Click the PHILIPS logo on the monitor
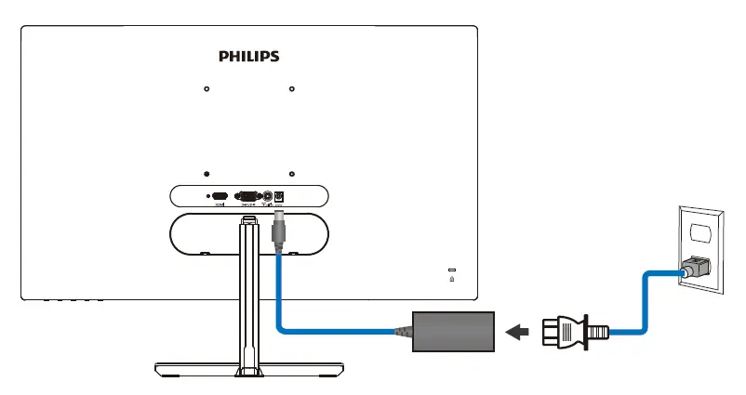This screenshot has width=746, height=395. [248, 57]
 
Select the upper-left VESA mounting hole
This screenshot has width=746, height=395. [206, 90]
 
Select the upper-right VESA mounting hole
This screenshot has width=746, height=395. [291, 90]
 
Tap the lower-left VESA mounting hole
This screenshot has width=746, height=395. [206, 174]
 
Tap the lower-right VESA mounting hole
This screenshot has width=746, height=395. [291, 174]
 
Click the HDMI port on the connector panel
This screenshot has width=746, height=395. [220, 196]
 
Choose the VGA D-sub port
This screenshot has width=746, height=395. [247, 196]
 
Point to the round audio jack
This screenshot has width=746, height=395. [268, 196]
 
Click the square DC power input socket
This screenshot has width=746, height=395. [279, 196]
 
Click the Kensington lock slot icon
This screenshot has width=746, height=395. [451, 275]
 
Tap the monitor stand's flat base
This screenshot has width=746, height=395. [248, 369]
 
